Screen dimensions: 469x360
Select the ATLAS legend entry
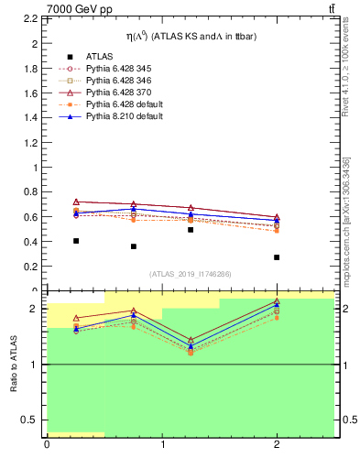[100, 57]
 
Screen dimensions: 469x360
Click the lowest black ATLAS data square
[277, 257]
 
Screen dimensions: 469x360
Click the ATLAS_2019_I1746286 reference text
[191, 274]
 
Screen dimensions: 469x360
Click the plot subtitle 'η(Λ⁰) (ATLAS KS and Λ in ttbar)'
[191, 36]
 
